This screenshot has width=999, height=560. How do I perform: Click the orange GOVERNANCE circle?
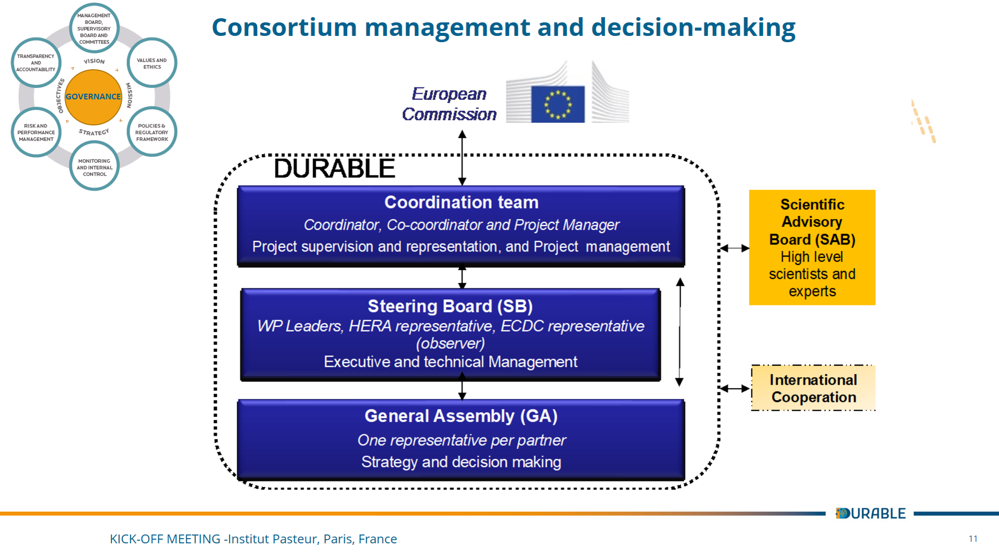tap(94, 97)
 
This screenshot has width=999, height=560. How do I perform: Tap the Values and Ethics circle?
tap(152, 63)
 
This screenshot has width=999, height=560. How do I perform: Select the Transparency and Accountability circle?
tap(36, 63)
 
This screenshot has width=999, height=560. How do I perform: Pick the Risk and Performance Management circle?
tap(36, 132)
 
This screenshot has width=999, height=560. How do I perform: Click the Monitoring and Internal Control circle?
tap(94, 167)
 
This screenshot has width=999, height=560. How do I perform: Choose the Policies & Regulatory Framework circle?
tap(152, 132)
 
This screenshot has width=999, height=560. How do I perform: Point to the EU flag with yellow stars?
tap(558, 104)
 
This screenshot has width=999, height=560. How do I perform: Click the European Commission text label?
tap(449, 104)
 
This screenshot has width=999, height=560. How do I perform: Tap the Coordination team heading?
tap(462, 202)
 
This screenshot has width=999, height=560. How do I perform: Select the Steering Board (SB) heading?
tap(450, 306)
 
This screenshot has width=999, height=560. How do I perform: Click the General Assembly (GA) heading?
tap(461, 416)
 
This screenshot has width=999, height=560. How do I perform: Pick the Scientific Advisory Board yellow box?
tap(812, 247)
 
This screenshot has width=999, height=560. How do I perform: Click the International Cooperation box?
tap(813, 388)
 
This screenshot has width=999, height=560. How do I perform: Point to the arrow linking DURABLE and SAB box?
tap(735, 248)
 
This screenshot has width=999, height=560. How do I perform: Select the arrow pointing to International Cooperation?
tap(735, 388)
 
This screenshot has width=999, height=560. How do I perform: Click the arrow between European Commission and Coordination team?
tap(462, 158)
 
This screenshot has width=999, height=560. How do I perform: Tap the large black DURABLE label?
tap(335, 169)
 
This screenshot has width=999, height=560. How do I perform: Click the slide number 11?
tap(973, 539)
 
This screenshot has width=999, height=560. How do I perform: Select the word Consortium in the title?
tap(285, 27)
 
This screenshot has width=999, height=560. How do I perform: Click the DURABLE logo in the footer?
tap(870, 513)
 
